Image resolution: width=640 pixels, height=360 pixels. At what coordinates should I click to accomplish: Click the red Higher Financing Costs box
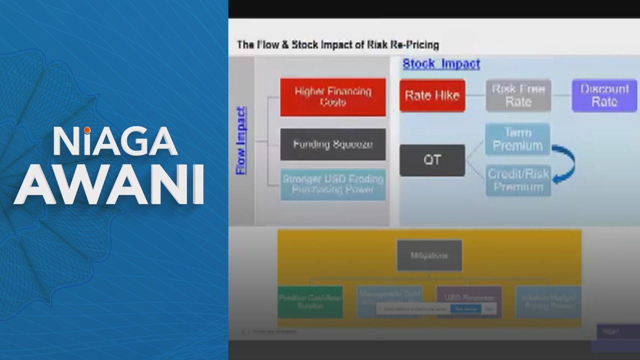coord(332,97)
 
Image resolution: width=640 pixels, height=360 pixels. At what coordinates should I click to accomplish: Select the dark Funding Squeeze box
coord(332,144)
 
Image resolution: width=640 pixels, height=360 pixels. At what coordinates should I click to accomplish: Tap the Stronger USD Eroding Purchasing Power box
coord(332,184)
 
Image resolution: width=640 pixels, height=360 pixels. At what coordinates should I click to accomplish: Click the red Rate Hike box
coord(432,95)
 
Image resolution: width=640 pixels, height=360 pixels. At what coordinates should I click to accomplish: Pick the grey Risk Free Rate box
coord(518,95)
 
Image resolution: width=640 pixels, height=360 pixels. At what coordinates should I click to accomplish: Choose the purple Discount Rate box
coord(604,95)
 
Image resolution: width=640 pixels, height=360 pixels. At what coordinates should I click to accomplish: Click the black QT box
coord(432,160)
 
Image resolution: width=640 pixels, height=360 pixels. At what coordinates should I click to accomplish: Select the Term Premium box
coord(517,139)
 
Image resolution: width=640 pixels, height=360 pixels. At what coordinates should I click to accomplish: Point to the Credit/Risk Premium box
coord(518,180)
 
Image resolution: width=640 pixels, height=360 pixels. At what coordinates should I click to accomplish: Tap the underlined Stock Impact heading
coord(441,64)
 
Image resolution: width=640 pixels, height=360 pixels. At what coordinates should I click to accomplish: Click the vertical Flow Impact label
coord(241,140)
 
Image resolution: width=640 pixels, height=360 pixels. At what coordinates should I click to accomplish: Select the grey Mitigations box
coord(429,255)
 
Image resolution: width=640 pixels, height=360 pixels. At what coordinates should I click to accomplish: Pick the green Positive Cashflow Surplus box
coord(310,302)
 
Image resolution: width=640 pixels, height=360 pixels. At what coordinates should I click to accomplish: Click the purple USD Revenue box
coord(468,298)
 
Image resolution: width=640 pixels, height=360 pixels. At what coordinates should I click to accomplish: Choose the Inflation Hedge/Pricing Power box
coord(548,302)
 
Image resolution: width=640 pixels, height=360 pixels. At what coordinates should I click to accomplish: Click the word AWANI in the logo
coord(108,183)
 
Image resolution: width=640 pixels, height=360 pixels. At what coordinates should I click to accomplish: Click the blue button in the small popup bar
coord(465,309)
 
